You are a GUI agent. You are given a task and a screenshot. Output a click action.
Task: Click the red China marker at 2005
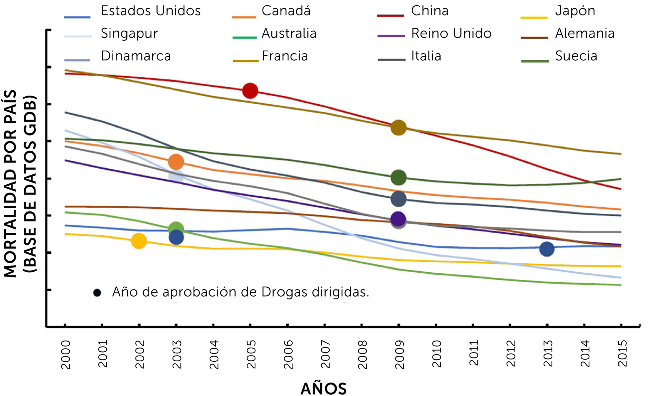point(250,91)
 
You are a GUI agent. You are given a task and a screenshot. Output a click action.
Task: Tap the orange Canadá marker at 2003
point(176,162)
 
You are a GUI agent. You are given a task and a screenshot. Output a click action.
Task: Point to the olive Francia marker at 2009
point(398,128)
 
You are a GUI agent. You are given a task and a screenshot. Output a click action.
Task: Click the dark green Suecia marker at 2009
point(398,177)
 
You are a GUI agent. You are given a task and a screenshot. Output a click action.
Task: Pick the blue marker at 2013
point(547,249)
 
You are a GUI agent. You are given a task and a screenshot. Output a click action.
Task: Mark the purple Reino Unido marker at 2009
point(398,219)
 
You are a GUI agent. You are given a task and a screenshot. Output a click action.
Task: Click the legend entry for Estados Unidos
point(151,11)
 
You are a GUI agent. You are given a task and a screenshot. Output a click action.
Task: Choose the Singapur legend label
point(129,34)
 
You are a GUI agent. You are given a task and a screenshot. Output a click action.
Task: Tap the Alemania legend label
point(585,34)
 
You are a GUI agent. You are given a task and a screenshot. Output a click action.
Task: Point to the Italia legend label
point(426,56)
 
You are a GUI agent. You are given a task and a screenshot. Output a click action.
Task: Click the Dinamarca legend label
point(136,56)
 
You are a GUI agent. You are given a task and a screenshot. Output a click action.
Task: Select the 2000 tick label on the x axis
point(65,355)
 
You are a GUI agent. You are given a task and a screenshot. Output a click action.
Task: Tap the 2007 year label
point(325,354)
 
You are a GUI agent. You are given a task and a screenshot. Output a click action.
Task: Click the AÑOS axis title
point(323,389)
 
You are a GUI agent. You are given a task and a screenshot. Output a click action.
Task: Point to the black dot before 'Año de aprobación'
point(97,293)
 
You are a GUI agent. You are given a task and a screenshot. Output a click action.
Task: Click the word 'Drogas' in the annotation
point(284,292)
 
